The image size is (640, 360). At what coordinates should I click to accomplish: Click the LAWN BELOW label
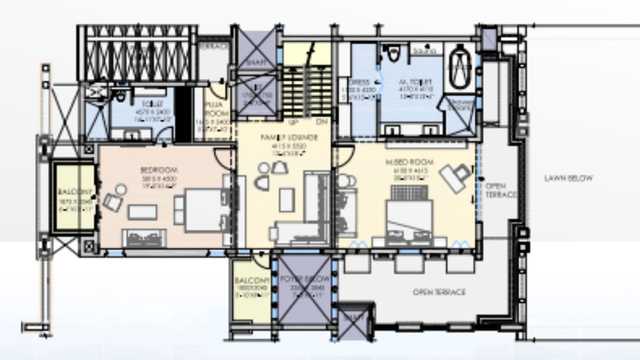click(568, 178)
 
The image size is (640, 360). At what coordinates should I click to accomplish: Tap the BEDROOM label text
click(159, 170)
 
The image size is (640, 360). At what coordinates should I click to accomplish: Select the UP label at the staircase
click(294, 121)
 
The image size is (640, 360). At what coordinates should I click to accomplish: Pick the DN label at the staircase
click(321, 121)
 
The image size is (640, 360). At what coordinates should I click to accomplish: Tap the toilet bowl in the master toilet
click(394, 53)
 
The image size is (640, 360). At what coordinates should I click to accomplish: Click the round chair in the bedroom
click(120, 190)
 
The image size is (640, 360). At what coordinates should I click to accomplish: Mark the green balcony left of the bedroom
click(74, 196)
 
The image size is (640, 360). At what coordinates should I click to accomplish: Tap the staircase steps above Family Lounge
click(306, 90)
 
